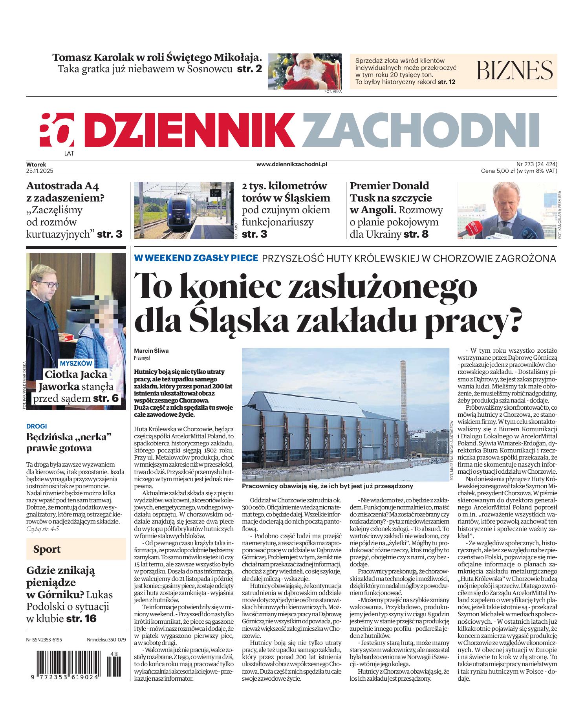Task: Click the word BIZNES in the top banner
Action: pyautogui.click(x=514, y=70)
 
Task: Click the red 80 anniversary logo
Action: pyautogui.click(x=57, y=129)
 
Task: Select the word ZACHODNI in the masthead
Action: pyautogui.click(x=421, y=129)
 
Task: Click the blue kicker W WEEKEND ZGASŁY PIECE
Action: pyautogui.click(x=196, y=258)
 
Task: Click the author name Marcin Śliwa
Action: pyautogui.click(x=151, y=351)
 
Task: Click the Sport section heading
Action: pyautogui.click(x=47, y=549)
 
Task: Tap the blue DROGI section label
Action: pyautogui.click(x=37, y=426)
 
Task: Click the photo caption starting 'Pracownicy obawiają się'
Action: pyautogui.click(x=328, y=486)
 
